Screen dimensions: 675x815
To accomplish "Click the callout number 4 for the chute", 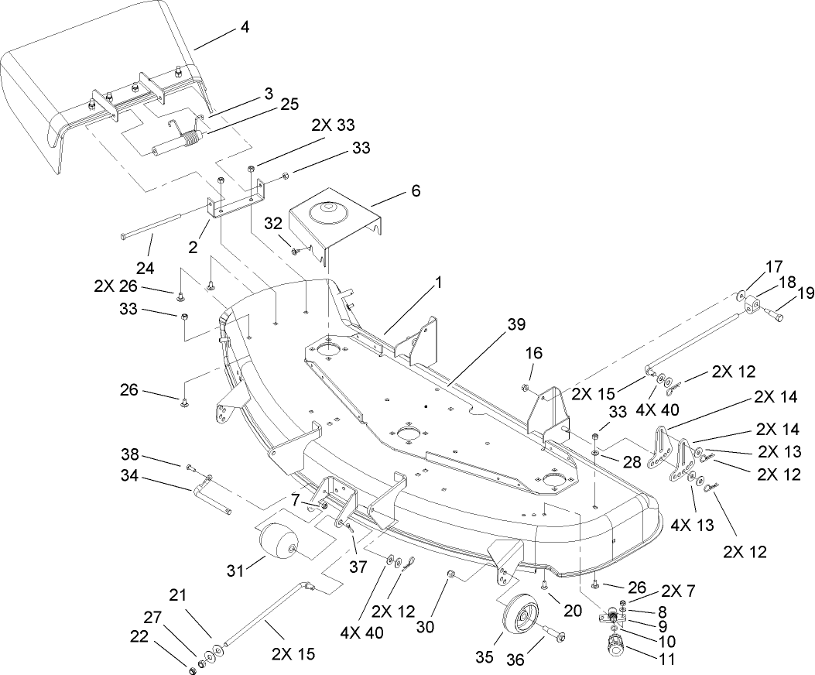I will (245, 27).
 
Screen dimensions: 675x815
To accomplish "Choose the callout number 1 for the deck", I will (438, 283).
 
